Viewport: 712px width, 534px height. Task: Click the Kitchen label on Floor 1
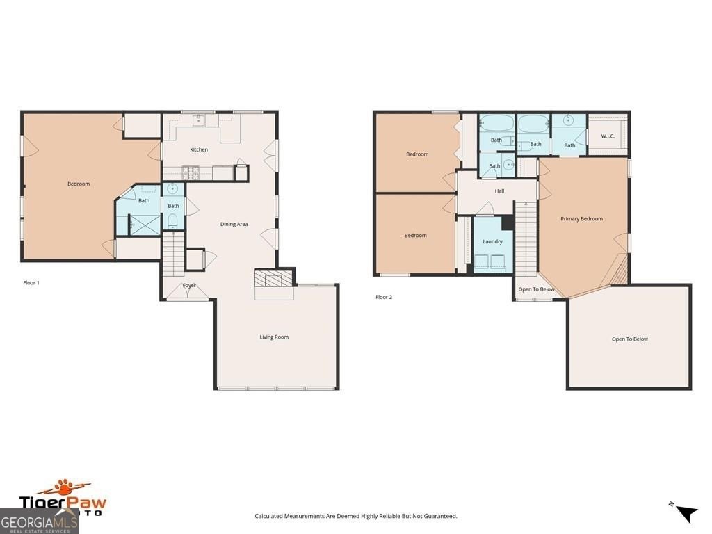(x=199, y=149)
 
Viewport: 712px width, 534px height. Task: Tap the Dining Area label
(x=234, y=224)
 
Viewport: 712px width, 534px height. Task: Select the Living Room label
(x=274, y=337)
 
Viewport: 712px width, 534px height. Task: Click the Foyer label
(x=189, y=286)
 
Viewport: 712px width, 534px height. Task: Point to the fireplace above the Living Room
(x=273, y=280)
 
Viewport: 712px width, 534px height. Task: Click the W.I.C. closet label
(x=608, y=136)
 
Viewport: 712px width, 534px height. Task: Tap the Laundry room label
(x=492, y=241)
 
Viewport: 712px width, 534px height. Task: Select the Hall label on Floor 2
(x=499, y=191)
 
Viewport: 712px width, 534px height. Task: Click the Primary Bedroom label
(x=581, y=219)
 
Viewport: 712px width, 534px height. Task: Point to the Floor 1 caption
(x=31, y=283)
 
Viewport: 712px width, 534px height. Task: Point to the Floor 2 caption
(x=384, y=297)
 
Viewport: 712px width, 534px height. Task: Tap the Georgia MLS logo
(x=40, y=521)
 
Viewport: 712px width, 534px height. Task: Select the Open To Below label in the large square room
(x=629, y=339)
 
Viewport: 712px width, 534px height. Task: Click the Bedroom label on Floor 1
(x=79, y=184)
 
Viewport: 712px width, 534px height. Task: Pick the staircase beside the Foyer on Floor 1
(x=173, y=254)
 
